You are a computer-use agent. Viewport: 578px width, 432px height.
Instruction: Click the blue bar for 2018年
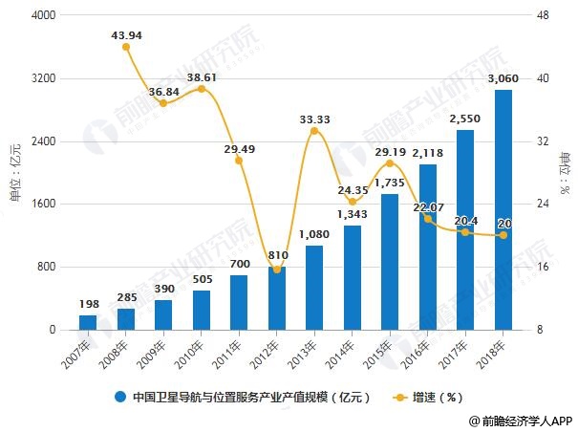tap(503, 210)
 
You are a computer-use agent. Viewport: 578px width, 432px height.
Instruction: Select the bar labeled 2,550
tap(465, 230)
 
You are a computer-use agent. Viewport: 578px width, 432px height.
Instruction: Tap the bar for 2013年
tap(314, 288)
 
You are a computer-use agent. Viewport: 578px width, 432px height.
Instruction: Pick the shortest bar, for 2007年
tap(88, 322)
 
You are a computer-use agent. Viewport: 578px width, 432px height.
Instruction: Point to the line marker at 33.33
tap(314, 130)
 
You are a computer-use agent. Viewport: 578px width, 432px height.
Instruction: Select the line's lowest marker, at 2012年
tap(277, 270)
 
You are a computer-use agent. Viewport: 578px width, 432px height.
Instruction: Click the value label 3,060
tap(503, 78)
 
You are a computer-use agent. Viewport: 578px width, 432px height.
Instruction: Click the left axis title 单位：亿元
tap(14, 172)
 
